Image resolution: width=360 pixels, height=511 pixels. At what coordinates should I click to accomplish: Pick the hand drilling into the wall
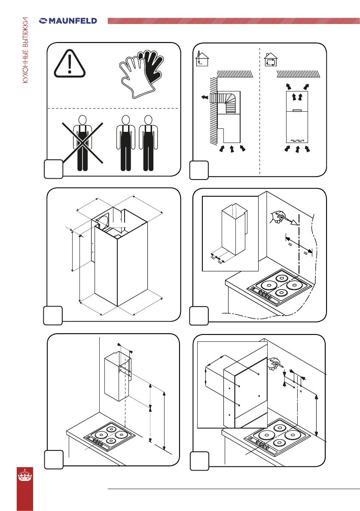click(273, 363)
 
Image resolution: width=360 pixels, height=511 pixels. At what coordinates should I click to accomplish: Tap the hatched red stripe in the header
click(232, 21)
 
